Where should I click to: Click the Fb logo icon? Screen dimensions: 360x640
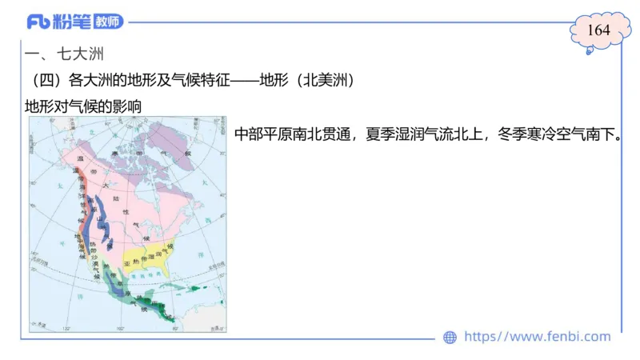[38, 22]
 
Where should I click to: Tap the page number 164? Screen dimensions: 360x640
[598, 30]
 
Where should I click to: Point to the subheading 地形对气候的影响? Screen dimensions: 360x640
[85, 106]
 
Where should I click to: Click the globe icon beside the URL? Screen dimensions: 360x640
[450, 338]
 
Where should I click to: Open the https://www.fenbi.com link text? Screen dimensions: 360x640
[537, 337]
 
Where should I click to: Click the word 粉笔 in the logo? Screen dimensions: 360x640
[74, 22]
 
